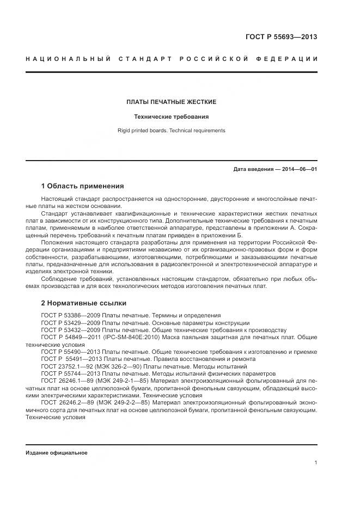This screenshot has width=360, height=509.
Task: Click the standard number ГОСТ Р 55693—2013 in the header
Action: pos(281,37)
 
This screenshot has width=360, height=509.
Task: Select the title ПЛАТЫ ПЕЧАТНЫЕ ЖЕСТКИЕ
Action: pos(172,102)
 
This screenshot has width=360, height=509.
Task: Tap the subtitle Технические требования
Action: pos(172,116)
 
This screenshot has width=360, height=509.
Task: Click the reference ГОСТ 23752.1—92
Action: pos(66,366)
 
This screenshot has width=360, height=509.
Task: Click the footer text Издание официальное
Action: pos(57,453)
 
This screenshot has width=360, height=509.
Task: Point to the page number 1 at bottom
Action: pos(316,463)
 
